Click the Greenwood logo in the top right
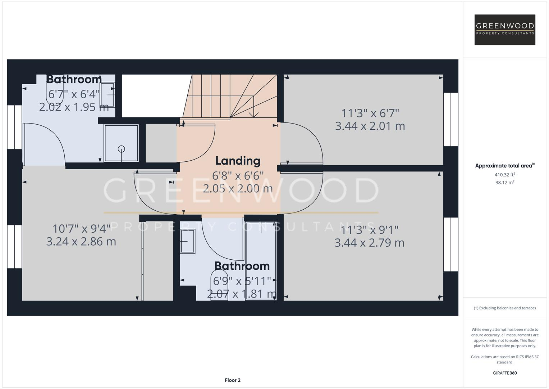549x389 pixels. (505, 30)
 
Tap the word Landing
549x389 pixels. (238, 161)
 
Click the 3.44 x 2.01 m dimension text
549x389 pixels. (370, 126)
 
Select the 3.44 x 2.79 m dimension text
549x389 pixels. (369, 243)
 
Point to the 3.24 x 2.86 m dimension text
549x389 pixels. (81, 241)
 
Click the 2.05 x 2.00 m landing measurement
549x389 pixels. (238, 188)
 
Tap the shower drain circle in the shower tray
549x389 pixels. (121, 148)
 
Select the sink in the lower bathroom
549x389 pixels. (187, 241)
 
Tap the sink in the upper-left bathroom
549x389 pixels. (107, 95)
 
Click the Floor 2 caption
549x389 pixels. (233, 380)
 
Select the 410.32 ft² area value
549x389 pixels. (505, 175)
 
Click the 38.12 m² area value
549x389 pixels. (505, 183)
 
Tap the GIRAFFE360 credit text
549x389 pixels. (505, 373)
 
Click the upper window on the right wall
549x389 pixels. (451, 119)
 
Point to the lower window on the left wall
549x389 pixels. (15, 247)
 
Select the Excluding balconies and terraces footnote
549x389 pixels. (505, 308)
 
